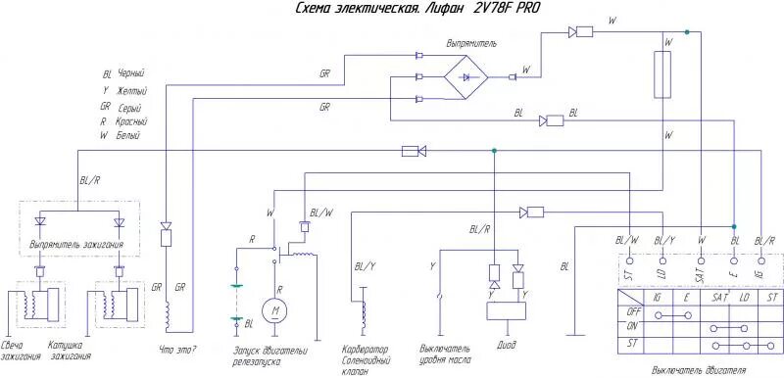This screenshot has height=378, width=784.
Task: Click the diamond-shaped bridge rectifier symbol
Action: (x=468, y=75)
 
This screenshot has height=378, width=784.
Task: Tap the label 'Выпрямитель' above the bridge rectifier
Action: (x=470, y=44)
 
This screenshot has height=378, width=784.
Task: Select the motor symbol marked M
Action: (x=276, y=311)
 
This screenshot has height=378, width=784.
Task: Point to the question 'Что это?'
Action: (x=179, y=349)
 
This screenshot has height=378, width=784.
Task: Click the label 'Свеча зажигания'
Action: (x=21, y=352)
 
